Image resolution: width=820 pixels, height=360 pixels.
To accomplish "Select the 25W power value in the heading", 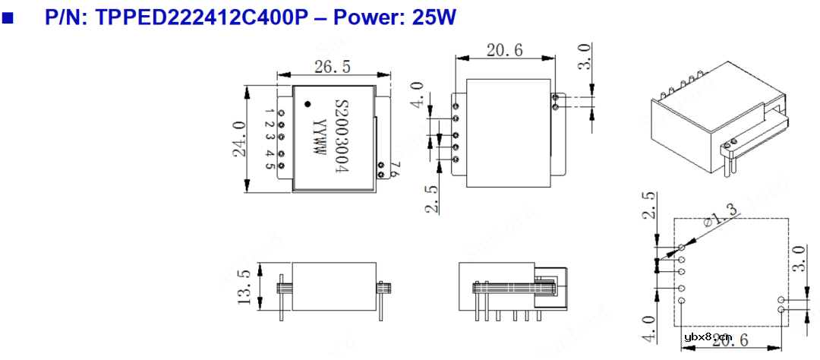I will [x=433, y=17].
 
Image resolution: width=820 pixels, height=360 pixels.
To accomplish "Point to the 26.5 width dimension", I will [x=332, y=67].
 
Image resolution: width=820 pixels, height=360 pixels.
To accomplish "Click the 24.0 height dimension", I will [x=238, y=138].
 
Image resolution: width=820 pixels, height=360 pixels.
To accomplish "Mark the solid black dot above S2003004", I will [x=307, y=103].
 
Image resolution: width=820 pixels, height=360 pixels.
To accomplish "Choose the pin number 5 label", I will [x=270, y=166].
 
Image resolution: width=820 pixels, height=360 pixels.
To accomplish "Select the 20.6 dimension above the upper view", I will [x=505, y=51].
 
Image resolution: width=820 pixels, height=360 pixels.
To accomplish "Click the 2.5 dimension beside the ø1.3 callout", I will [x=648, y=205].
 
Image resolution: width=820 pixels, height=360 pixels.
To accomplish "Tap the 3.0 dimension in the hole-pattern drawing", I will [x=797, y=260].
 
